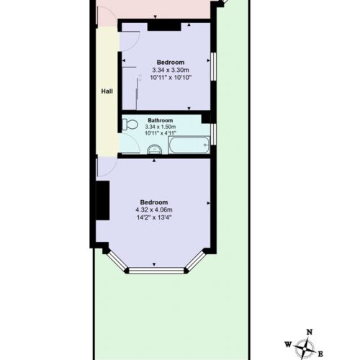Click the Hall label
tap(107, 91)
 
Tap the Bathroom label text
tap(161, 120)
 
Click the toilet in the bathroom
tap(130, 125)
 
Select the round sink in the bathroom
tap(155, 150)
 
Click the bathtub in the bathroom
tap(189, 145)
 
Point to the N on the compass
tap(310, 332)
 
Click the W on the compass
tap(288, 345)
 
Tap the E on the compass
tap(320, 354)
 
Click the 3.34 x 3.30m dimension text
tap(171, 70)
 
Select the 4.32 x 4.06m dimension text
tap(154, 210)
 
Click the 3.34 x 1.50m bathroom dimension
tap(161, 127)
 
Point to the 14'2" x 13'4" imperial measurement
tap(154, 217)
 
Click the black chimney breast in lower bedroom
tap(103, 200)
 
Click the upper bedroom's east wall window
tap(213, 66)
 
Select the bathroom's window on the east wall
tap(213, 134)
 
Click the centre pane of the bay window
tap(156, 271)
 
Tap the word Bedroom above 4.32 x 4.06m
tap(154, 202)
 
